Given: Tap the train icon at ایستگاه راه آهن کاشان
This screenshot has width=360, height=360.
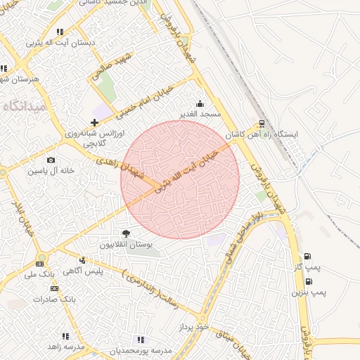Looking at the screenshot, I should tap(262, 124).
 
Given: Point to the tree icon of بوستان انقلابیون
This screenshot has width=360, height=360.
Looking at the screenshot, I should tap(127, 233).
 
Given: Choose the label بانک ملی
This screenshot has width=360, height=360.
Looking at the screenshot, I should tap(39, 274).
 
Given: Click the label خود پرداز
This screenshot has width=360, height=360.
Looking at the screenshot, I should tap(194, 327).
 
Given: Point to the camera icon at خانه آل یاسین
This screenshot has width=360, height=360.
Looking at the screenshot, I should tap(51, 161).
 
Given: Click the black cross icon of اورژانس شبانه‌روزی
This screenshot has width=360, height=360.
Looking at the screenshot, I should tap(95, 123).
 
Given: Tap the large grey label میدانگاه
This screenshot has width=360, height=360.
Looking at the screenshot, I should tap(25, 106).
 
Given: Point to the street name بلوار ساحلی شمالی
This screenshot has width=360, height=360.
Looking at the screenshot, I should tap(243, 240).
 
